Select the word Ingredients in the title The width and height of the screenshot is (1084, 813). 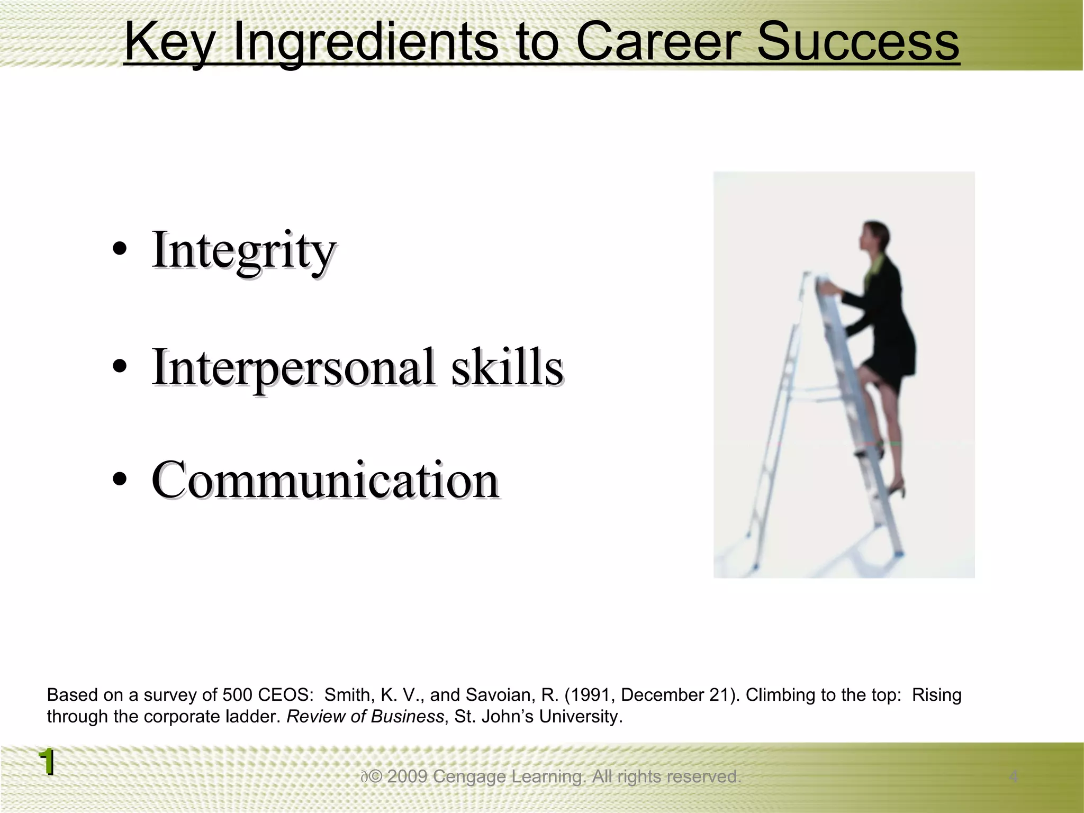365,42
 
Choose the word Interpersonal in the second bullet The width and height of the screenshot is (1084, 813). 294,368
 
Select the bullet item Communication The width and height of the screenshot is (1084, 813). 325,480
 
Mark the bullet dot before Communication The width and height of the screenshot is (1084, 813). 120,479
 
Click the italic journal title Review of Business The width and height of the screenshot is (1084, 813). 365,717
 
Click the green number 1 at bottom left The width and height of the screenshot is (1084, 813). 47,762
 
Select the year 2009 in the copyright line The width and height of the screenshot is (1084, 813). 407,776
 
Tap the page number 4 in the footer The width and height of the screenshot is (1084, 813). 1013,776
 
